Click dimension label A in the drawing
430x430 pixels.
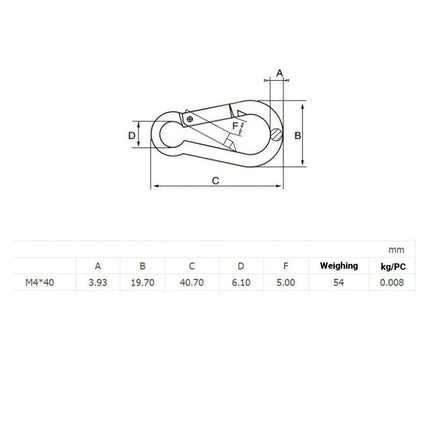coord(279,72)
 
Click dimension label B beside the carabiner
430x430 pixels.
coord(298,136)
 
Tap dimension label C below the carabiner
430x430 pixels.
coord(215,179)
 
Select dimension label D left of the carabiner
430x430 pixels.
coord(131,135)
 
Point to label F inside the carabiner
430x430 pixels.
coord(235,127)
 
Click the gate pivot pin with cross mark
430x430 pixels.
coord(189,119)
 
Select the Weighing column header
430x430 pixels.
coord(338,266)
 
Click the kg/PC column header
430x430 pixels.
coord(392,266)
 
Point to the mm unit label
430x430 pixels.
coord(394,249)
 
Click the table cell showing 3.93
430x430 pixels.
coord(97,283)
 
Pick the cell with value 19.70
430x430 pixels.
coord(142,283)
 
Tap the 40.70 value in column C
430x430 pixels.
coord(191,283)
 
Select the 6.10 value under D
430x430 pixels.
coord(240,283)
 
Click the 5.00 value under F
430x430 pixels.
coord(286,283)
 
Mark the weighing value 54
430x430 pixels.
coord(338,283)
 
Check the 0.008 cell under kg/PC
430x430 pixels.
coord(392,283)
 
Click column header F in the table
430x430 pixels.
coord(286,266)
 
